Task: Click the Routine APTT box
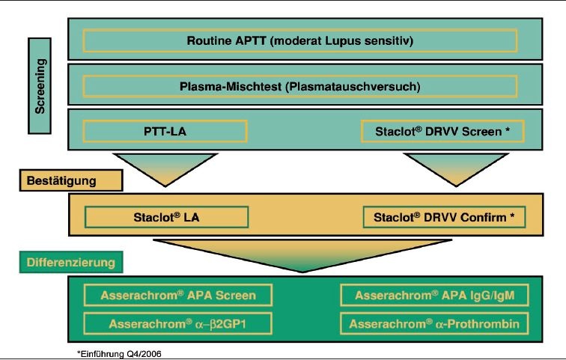point(300,40)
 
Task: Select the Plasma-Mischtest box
point(300,86)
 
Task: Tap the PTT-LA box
point(165,131)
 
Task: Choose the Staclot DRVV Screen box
point(442,131)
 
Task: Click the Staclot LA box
point(166,217)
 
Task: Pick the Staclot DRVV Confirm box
point(443,217)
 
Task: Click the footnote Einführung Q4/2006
point(119,353)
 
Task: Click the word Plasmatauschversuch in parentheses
point(353,86)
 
